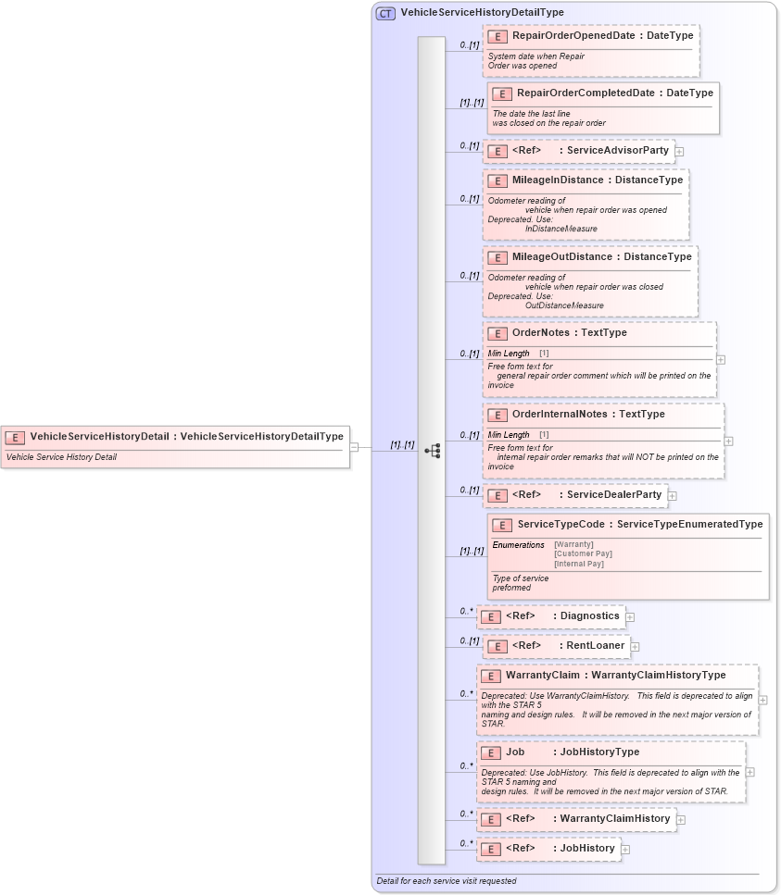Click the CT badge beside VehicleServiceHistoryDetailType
point(385,13)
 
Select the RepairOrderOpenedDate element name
point(573,36)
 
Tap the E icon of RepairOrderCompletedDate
point(501,93)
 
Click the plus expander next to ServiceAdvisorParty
point(679,151)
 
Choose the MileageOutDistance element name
point(561,257)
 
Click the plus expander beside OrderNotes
point(721,359)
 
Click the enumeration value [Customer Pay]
point(583,554)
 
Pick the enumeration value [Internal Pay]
point(579,564)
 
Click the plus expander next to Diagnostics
point(630,616)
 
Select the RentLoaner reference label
point(595,645)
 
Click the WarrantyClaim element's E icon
point(491,677)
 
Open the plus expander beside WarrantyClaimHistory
point(681,819)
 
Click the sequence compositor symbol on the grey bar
point(432,451)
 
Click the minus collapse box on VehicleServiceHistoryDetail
point(354,447)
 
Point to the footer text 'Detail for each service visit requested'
point(447,881)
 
